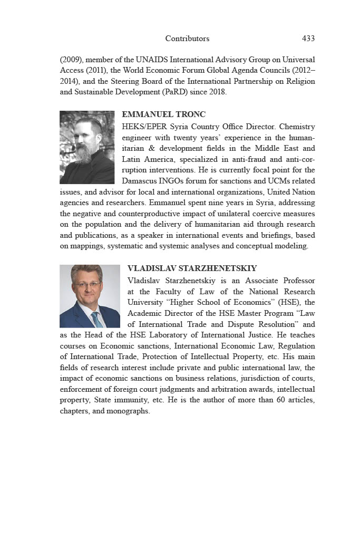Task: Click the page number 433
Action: pos(308,38)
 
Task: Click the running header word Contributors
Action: pos(187,38)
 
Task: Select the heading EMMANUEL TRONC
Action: pos(163,114)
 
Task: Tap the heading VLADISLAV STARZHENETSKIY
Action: pos(192,268)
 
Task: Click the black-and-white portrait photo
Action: pos(87,147)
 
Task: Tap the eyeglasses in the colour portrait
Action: pos(87,285)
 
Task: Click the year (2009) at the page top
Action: pos(72,60)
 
